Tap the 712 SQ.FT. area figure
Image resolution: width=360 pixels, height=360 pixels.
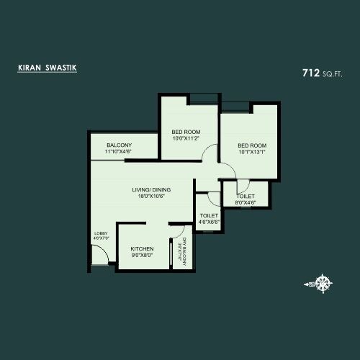pyautogui.click(x=323, y=73)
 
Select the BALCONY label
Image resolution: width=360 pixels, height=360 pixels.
pyautogui.click(x=119, y=145)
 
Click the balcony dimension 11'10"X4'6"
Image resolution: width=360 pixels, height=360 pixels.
pyautogui.click(x=119, y=152)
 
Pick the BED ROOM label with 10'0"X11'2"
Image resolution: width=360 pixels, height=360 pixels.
pyautogui.click(x=186, y=132)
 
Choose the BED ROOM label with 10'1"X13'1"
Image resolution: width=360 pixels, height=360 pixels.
pyautogui.click(x=252, y=145)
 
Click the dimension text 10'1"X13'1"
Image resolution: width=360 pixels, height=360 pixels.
pyautogui.click(x=252, y=152)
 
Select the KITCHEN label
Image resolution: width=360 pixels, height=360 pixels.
pyautogui.click(x=142, y=248)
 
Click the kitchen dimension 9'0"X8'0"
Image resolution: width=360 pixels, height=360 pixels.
pyautogui.click(x=142, y=256)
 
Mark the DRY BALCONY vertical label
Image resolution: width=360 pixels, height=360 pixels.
pyautogui.click(x=184, y=251)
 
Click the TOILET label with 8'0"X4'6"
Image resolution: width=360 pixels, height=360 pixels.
pyautogui.click(x=245, y=195)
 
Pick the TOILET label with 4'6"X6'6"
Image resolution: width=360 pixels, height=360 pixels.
pyautogui.click(x=209, y=215)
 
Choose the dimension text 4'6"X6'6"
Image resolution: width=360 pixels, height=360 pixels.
pyautogui.click(x=209, y=222)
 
